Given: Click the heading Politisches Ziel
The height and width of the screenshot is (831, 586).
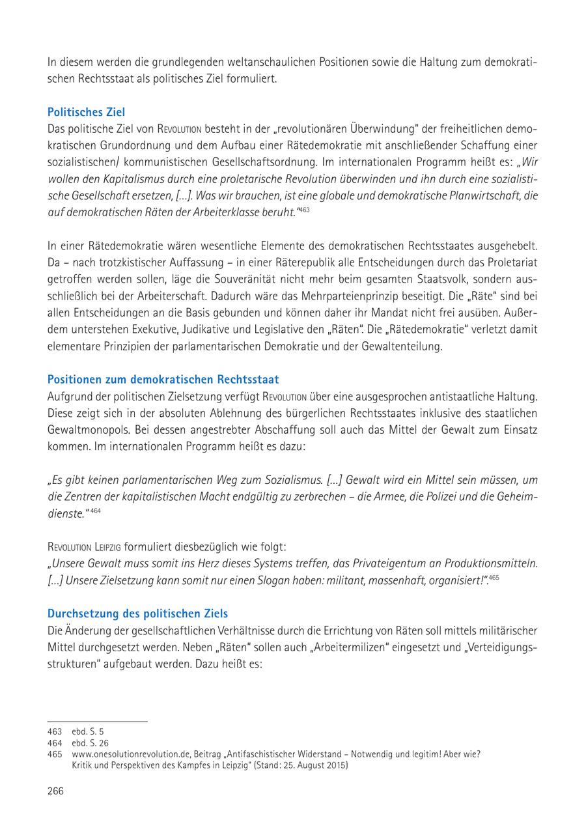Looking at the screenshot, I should coord(86,112).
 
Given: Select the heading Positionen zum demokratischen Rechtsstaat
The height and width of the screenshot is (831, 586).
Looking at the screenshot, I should coord(163,379).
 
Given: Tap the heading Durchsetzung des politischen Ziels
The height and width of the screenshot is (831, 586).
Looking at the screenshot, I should coord(138,613).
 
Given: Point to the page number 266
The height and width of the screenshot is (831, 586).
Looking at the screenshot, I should coord(56,791).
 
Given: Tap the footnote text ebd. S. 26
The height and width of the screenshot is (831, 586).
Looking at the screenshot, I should coord(91,742).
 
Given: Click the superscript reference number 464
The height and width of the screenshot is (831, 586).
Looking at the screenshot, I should coord(96,511).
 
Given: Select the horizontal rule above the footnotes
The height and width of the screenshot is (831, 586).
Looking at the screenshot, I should coord(98,722).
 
